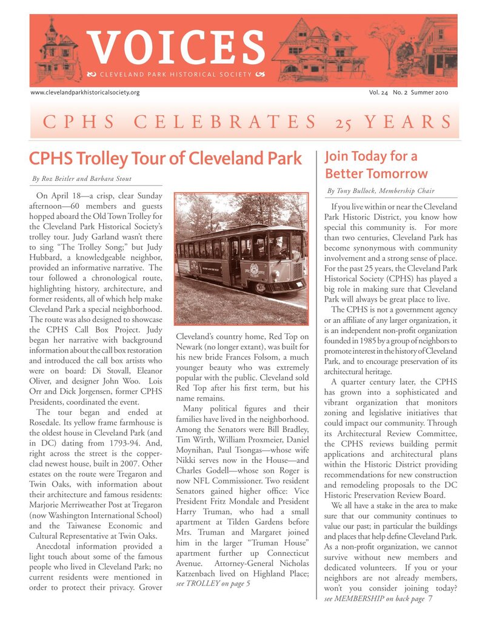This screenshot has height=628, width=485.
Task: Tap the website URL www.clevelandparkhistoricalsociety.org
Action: coord(85,92)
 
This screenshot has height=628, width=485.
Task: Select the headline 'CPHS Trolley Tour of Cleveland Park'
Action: coord(165,159)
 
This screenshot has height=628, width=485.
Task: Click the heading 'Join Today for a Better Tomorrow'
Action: coord(376,165)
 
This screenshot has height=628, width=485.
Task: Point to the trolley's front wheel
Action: coord(261,288)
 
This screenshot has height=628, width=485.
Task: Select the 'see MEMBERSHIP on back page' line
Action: coord(374,599)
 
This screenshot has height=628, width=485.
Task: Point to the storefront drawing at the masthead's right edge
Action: coord(436,52)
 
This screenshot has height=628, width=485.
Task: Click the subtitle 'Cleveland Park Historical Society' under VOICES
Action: coord(175,75)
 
